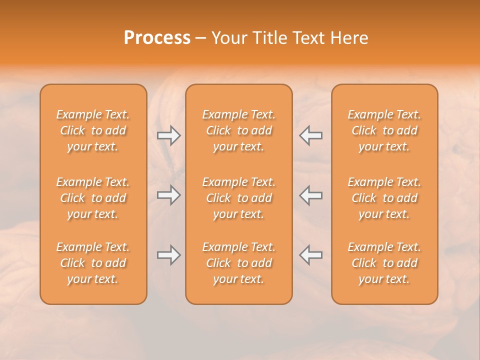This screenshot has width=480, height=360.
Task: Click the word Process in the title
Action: (x=157, y=38)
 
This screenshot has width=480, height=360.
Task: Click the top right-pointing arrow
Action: (x=168, y=135)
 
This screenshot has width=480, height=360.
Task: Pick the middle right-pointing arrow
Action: (x=168, y=195)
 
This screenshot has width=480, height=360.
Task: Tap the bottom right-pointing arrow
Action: (x=168, y=255)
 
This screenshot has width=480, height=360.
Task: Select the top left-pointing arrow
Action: (x=311, y=135)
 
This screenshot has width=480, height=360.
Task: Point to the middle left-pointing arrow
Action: (x=311, y=195)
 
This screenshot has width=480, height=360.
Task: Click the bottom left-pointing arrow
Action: (x=311, y=255)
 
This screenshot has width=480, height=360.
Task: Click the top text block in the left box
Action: (x=93, y=130)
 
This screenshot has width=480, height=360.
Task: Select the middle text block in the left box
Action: (x=93, y=198)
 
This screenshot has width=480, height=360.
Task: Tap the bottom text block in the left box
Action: (x=93, y=263)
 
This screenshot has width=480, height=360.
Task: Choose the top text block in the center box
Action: (x=238, y=130)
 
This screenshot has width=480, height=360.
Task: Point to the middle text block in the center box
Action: (x=238, y=198)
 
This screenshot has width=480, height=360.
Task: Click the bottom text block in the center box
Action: (x=238, y=263)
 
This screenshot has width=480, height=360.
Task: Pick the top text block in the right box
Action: (x=384, y=130)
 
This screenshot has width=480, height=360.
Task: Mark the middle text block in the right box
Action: (x=384, y=198)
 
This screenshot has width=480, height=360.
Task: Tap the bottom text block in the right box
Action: (x=384, y=263)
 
